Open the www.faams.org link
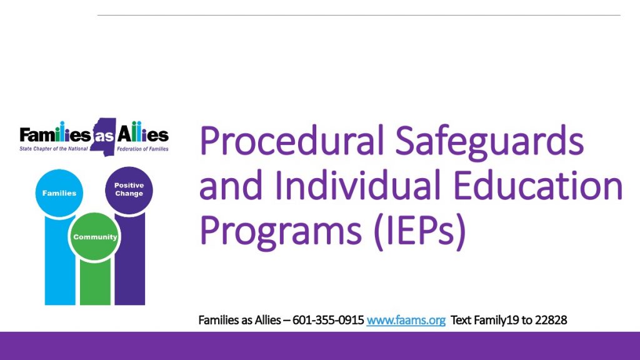pyautogui.click(x=406, y=321)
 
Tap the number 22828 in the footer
pyautogui.click(x=551, y=321)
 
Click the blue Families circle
pyautogui.click(x=59, y=193)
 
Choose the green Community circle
pyautogui.click(x=94, y=237)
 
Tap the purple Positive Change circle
pyautogui.click(x=129, y=190)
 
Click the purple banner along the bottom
pyautogui.click(x=320, y=346)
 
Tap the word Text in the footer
pyautogui.click(x=461, y=321)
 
